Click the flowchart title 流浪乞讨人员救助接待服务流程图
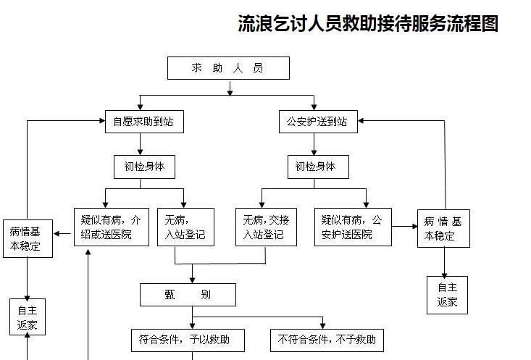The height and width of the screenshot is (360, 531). click(x=368, y=23)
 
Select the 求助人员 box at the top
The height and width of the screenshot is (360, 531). click(x=228, y=68)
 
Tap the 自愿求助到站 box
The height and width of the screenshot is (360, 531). click(x=143, y=122)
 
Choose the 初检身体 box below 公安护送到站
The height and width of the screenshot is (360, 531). click(x=317, y=167)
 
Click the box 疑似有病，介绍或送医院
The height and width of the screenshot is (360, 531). click(x=111, y=227)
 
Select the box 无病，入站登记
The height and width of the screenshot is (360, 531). click(x=185, y=227)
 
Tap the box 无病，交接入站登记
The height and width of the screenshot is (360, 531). click(x=266, y=227)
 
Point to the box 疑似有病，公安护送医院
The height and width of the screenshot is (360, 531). click(x=352, y=227)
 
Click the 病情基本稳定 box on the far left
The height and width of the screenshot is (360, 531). click(x=28, y=238)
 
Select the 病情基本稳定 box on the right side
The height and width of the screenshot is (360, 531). click(x=443, y=228)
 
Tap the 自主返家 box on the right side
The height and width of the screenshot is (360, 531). click(x=447, y=295)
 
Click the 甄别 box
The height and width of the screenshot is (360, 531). click(x=188, y=295)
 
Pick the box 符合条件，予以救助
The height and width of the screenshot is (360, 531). click(x=188, y=339)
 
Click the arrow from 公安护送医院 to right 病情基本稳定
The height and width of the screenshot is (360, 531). click(x=404, y=227)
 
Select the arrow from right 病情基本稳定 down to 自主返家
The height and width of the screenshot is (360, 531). click(x=447, y=261)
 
